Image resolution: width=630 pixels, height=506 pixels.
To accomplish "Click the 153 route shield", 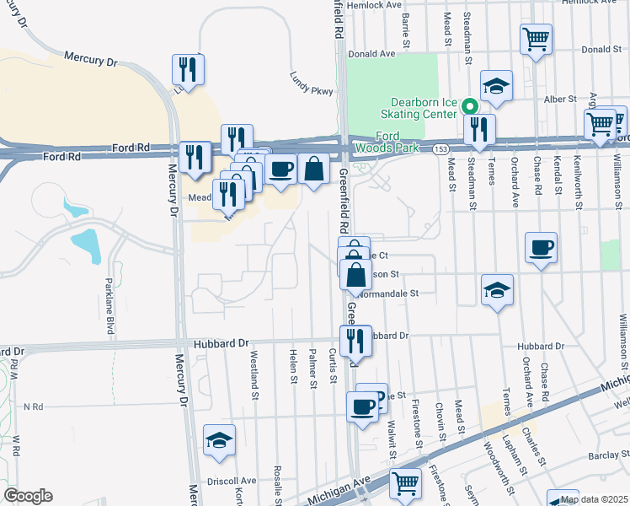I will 440,148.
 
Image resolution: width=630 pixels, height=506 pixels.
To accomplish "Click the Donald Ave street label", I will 372,53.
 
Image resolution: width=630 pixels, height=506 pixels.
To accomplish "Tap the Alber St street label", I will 554,99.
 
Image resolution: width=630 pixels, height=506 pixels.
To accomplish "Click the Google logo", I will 28,495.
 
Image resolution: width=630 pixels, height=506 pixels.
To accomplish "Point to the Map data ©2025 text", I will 594,499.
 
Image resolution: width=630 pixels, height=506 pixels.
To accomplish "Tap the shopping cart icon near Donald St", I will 537,40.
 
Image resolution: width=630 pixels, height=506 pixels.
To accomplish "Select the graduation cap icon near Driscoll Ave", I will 220,440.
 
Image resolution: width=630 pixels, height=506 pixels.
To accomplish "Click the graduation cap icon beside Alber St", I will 497,85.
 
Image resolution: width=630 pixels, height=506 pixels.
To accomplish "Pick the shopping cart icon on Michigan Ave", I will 406,483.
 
